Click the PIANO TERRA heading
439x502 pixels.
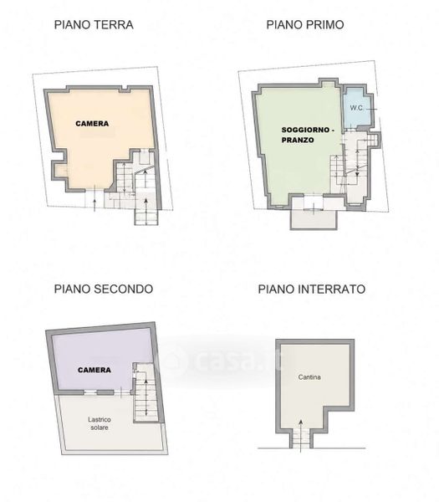(x=94, y=25)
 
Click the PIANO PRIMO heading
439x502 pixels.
(x=305, y=25)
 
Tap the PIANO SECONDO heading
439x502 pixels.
(x=104, y=289)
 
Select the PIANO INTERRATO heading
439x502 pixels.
(x=312, y=289)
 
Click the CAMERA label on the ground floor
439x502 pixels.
(x=92, y=124)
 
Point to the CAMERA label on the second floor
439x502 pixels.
(x=94, y=370)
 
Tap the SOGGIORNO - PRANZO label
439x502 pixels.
(x=308, y=135)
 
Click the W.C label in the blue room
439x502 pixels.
(x=356, y=108)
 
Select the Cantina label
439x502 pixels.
(x=309, y=377)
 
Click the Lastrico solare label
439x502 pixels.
(x=100, y=423)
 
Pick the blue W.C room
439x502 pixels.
(x=356, y=108)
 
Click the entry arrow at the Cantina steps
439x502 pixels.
(x=301, y=436)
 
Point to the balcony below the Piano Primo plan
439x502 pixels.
(x=314, y=219)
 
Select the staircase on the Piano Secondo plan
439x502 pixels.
(x=146, y=397)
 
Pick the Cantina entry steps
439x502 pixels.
(x=301, y=438)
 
